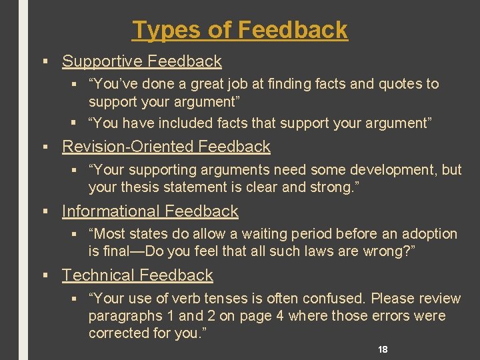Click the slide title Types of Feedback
click(240, 29)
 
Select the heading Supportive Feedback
click(141, 61)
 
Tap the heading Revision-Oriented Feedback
click(166, 147)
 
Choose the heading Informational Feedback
click(150, 211)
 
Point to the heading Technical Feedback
click(137, 275)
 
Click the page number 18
click(383, 349)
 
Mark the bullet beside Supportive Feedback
click(45, 61)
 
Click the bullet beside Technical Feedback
click(45, 275)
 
